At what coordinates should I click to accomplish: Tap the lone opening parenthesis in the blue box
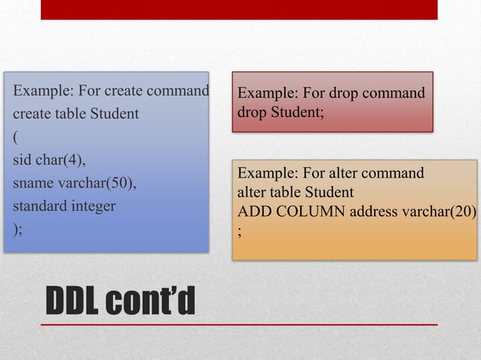point(14,137)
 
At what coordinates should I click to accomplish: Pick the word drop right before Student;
point(251,112)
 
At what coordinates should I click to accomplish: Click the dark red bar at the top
point(238,9)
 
